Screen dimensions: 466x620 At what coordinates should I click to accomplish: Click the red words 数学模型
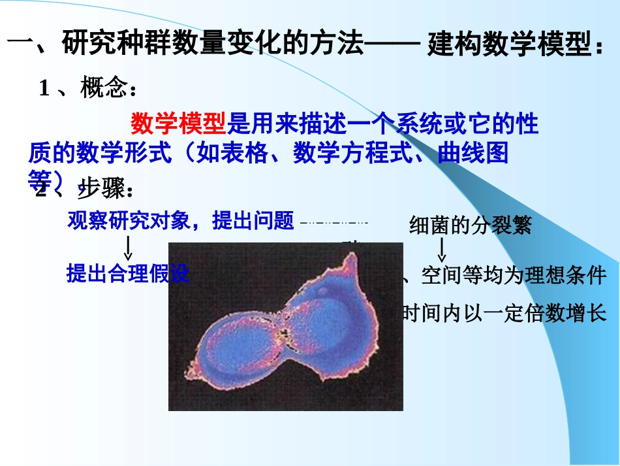pos(178,123)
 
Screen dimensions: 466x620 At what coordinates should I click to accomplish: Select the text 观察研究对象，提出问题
pos(181,222)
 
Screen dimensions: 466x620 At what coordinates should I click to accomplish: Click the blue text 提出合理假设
pos(128,274)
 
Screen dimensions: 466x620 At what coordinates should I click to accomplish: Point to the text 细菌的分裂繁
pos(470,225)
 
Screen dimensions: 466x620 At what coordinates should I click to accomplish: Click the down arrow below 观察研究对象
pos(129,248)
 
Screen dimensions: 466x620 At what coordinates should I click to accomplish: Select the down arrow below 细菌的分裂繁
pos(442,249)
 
